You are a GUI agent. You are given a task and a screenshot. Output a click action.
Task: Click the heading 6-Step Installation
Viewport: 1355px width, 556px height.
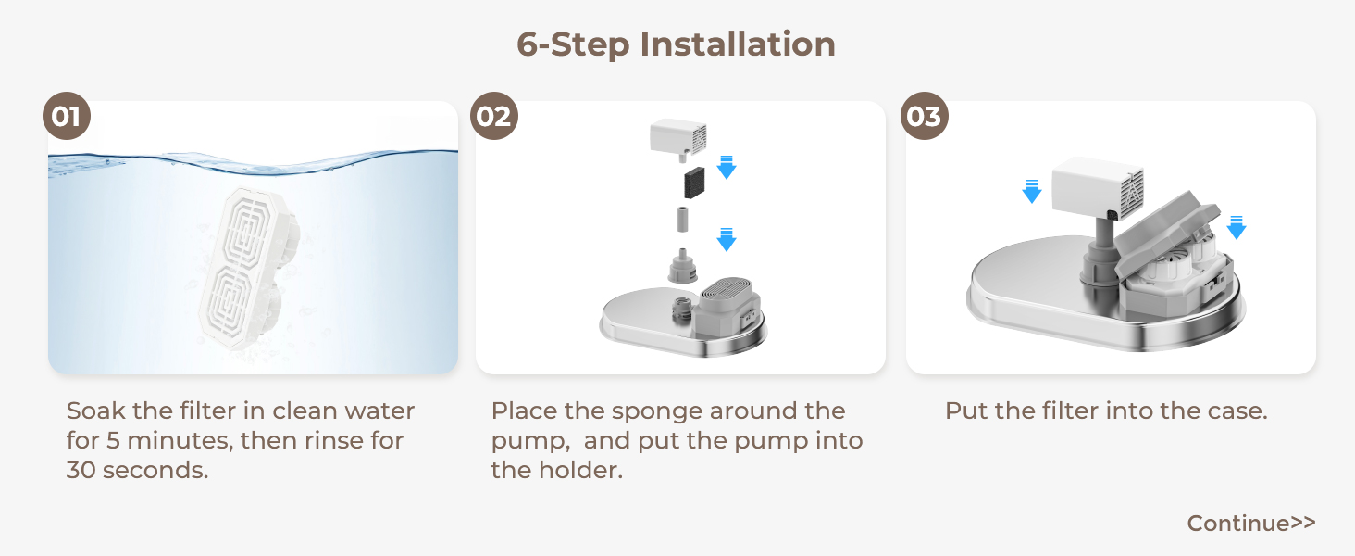pyautogui.click(x=676, y=44)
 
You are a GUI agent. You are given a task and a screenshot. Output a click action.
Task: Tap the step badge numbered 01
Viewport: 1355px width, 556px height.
pyautogui.click(x=67, y=117)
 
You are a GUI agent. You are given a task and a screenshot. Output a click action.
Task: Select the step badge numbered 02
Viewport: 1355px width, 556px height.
pyautogui.click(x=494, y=117)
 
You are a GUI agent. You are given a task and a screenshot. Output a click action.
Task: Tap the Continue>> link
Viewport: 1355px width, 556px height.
pyautogui.click(x=1250, y=524)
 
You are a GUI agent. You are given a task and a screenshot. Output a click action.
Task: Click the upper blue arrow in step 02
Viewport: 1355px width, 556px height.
pyautogui.click(x=727, y=167)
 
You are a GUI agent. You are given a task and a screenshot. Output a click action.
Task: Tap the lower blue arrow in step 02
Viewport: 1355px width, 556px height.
pyautogui.click(x=727, y=240)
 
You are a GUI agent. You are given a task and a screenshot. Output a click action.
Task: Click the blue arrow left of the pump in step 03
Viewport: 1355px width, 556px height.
pyautogui.click(x=1032, y=191)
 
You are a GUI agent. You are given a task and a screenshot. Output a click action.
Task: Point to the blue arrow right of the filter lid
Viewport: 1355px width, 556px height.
pyautogui.click(x=1236, y=227)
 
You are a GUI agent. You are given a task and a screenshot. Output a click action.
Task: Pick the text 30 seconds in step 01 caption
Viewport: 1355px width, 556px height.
pyautogui.click(x=137, y=470)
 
